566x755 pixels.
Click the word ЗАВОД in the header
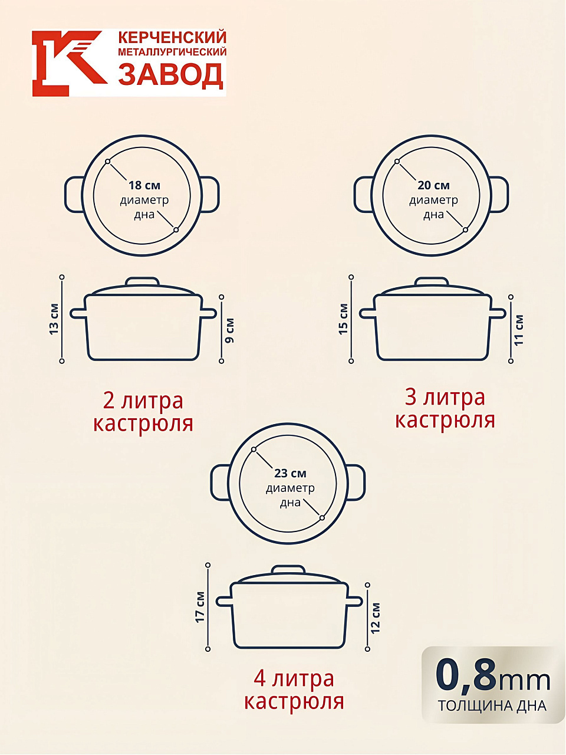(x=171, y=75)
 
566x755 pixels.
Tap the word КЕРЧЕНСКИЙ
(x=172, y=37)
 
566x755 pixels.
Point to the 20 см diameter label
(x=434, y=185)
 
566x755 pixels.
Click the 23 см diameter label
(x=291, y=473)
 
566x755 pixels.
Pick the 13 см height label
(x=55, y=319)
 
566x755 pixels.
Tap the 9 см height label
(x=230, y=330)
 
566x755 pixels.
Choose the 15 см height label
(x=344, y=319)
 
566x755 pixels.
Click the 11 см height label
(x=519, y=330)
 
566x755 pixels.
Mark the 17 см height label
(x=200, y=607)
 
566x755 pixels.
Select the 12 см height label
(x=376, y=618)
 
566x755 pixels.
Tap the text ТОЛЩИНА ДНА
(x=492, y=706)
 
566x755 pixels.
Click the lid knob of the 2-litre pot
(x=142, y=281)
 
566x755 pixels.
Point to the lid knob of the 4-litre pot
(x=288, y=569)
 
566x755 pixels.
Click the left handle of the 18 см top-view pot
(x=74, y=194)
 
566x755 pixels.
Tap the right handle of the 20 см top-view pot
(x=499, y=194)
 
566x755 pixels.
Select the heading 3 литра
(x=445, y=398)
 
